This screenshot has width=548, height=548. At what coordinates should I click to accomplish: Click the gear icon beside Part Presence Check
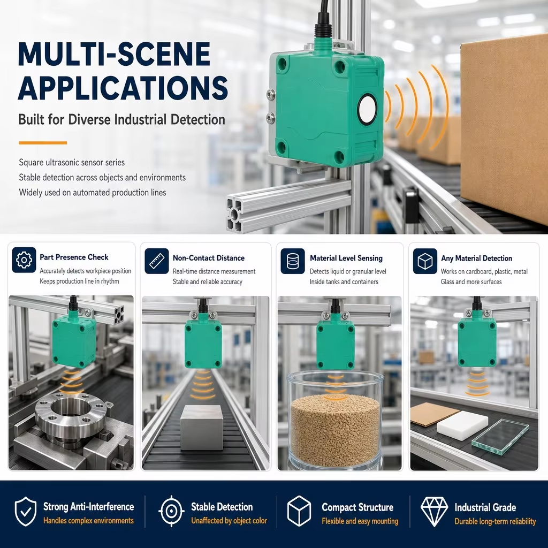tap(24, 260)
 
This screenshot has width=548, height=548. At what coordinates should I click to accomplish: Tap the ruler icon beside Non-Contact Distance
tap(157, 261)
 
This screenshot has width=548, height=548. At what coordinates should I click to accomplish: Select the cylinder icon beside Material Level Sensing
tap(293, 261)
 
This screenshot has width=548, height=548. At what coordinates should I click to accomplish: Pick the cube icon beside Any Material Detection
tap(425, 261)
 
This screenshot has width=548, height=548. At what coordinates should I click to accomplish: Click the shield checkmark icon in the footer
tap(26, 511)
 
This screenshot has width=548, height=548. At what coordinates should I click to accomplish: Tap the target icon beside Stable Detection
tap(171, 511)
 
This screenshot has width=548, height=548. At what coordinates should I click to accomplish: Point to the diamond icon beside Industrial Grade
tap(434, 511)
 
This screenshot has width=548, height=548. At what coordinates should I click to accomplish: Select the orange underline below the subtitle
tap(43, 142)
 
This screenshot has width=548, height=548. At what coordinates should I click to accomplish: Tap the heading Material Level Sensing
tap(346, 258)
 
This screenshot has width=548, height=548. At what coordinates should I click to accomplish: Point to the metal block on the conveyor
tap(202, 427)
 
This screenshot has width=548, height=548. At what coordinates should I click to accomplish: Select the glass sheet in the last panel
tap(500, 437)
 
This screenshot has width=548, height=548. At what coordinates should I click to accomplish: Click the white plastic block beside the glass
tap(462, 425)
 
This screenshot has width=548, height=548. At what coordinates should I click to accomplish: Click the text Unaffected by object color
tap(229, 521)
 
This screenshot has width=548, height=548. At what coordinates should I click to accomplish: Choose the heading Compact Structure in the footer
tap(357, 507)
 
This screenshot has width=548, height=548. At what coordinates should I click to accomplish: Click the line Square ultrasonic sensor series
tap(72, 163)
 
